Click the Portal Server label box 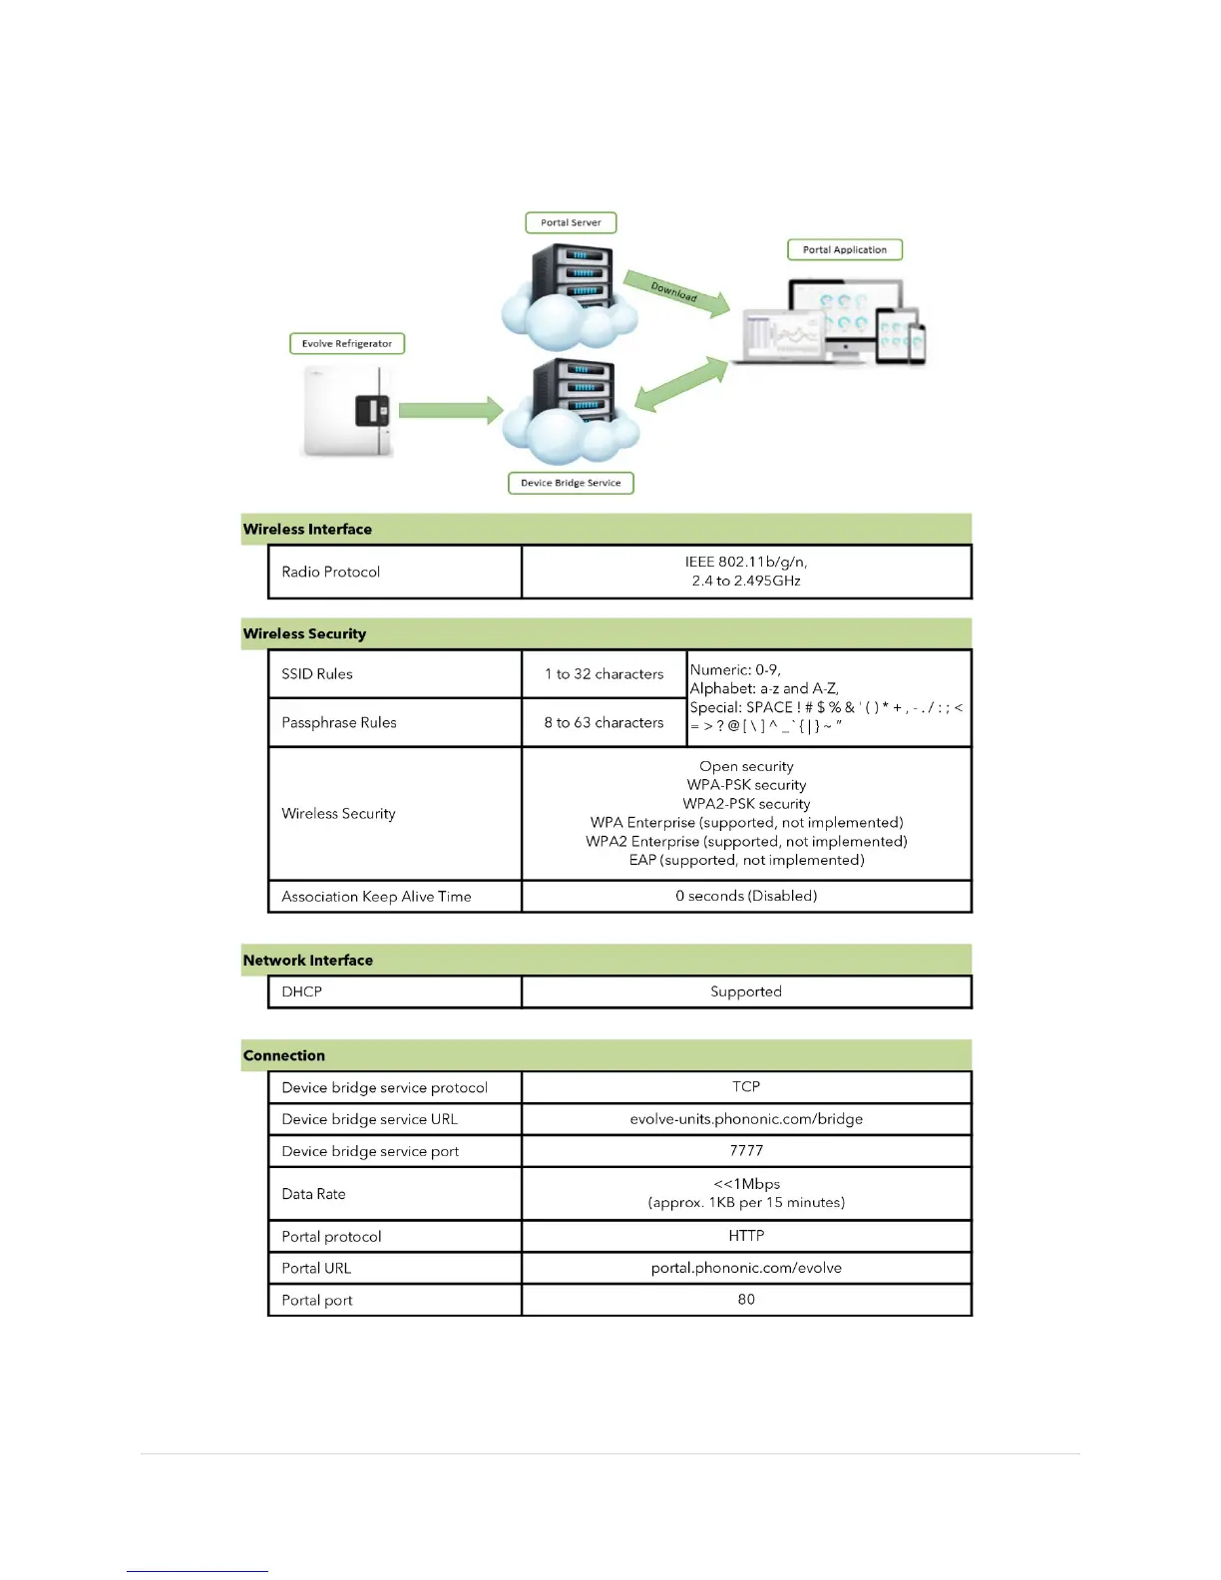(x=571, y=222)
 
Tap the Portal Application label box (x=844, y=249)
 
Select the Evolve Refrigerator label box (x=346, y=343)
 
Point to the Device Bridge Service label (x=571, y=483)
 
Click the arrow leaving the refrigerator (x=450, y=409)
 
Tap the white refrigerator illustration (x=346, y=410)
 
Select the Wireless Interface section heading (x=307, y=530)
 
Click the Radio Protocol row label (x=330, y=572)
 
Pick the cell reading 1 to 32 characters (x=604, y=674)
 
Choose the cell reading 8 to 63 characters (x=604, y=722)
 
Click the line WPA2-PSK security (x=746, y=804)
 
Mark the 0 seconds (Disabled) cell (x=746, y=896)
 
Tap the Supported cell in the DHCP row (x=746, y=991)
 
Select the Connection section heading (x=284, y=1055)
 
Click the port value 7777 (x=746, y=1150)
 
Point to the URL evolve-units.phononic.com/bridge (x=746, y=1118)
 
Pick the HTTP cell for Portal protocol (x=746, y=1236)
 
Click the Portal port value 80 (x=746, y=1299)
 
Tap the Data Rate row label (x=313, y=1194)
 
